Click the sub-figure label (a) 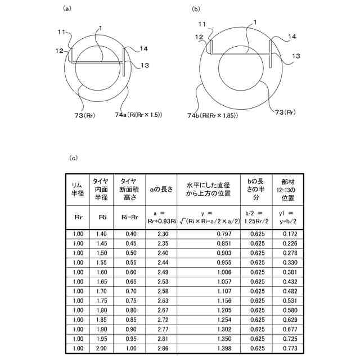[x=67, y=8]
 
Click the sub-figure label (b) [x=195, y=9]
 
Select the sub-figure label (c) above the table [x=73, y=159]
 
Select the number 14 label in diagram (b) [x=292, y=36]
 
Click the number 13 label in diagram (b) [x=295, y=56]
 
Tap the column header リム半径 [x=78, y=188]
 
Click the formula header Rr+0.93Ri [x=160, y=222]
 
